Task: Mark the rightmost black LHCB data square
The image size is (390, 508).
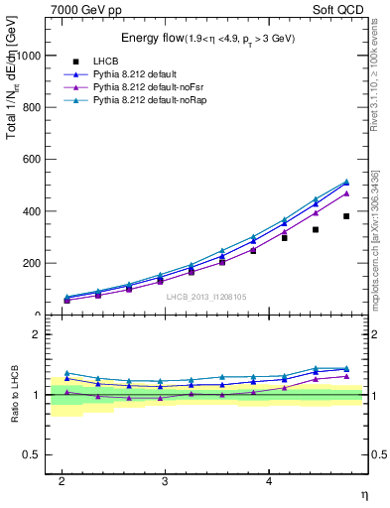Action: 346,216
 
